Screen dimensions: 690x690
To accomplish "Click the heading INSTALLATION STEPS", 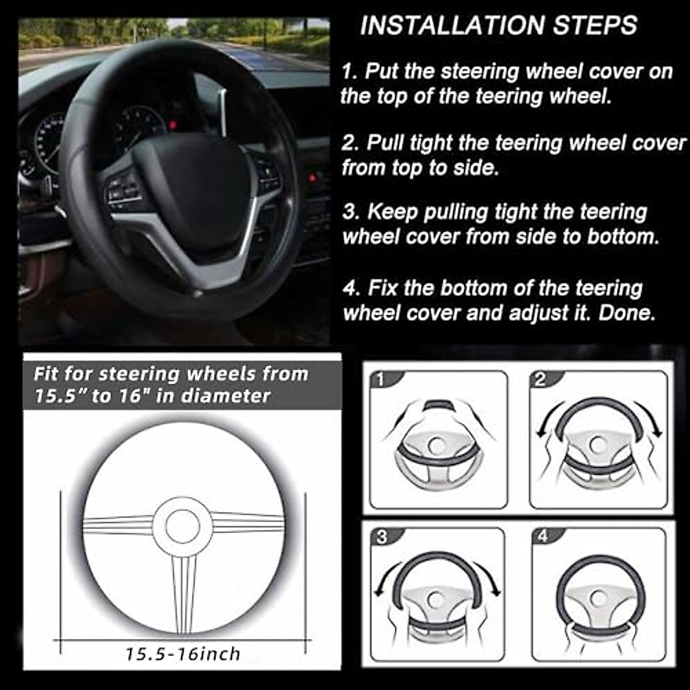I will point(499,25).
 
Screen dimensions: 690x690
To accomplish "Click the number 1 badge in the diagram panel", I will point(380,379).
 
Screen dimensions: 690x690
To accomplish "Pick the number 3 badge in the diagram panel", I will point(382,537).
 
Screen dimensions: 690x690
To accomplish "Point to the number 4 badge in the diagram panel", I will point(543,536).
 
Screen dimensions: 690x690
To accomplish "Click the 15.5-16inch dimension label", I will point(183,654).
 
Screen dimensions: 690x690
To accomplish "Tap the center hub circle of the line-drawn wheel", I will point(183,526).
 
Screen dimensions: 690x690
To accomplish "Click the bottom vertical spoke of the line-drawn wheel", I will point(183,586).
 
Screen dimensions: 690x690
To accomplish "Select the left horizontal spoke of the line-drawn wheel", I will point(118,525).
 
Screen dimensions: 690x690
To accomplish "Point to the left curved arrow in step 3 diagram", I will point(384,581).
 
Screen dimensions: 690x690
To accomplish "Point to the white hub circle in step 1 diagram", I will point(437,446).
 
